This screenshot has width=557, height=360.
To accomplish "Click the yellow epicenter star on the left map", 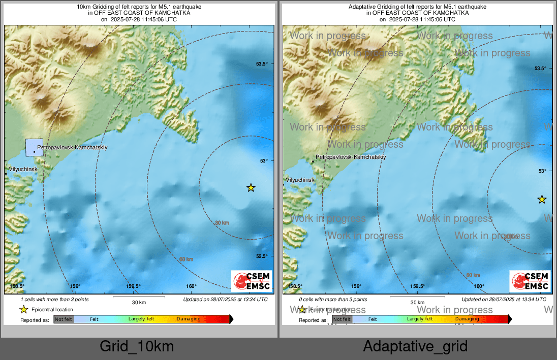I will coord(251,188).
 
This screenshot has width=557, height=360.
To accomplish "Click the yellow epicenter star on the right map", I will coord(542,199).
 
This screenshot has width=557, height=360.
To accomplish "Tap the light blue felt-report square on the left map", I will coord(34,147).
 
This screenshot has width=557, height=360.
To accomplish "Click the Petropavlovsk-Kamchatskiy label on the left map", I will coord(72,147).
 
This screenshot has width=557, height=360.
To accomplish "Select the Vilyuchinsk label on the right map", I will coord(300,180).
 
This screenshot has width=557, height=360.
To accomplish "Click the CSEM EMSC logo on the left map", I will coord(252,281).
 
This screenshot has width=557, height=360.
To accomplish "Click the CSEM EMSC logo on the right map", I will coord(530,281).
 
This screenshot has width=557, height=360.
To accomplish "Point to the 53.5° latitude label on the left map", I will coord(261,64).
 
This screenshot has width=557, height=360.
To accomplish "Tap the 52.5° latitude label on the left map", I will coord(261,256).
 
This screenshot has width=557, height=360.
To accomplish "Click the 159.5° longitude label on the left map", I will coord(133,286).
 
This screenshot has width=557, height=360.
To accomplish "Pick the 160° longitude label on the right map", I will coord(479,286).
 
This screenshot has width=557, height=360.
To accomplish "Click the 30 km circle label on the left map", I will coord(222,223).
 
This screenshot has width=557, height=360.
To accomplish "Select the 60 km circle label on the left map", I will coord(186,259).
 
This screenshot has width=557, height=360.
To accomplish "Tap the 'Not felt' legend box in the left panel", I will coord(64,319).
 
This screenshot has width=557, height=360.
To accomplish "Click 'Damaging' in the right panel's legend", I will coord(467,319).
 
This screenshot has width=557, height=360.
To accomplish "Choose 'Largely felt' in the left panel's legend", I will coord(141,319).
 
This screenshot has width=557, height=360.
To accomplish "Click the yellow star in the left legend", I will coord(23,309).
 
